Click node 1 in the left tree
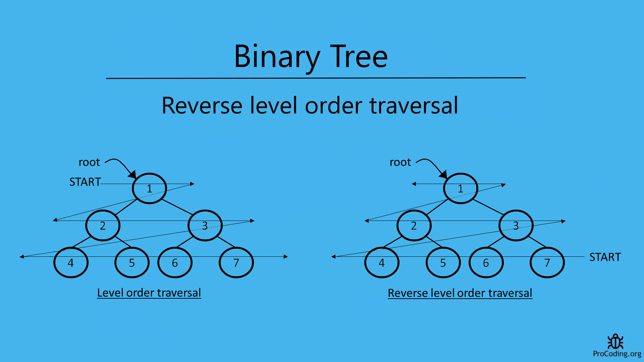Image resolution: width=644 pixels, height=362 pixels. click(149, 188)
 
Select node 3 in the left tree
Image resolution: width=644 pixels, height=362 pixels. click(205, 226)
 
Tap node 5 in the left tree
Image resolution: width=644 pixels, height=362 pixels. click(132, 263)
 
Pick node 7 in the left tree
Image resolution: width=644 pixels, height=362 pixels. click(236, 263)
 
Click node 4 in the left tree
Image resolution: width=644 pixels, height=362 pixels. click(71, 263)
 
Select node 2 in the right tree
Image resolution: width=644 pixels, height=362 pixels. click(414, 226)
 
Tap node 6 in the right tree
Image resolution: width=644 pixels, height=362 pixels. click(486, 263)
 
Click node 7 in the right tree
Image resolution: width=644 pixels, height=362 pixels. click(547, 263)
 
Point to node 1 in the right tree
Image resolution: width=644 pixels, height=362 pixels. click(461, 188)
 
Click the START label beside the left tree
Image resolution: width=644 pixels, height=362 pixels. click(85, 182)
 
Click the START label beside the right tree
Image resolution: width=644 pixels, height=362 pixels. click(605, 257)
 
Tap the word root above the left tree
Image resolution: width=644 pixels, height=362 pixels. click(89, 162)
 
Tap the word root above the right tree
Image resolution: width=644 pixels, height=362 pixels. click(400, 162)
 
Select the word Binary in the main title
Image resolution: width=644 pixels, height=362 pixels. click(277, 57)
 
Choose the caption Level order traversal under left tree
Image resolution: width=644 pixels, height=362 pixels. click(149, 293)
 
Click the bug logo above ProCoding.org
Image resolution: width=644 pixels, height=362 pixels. click(615, 342)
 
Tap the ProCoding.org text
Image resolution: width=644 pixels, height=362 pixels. click(617, 354)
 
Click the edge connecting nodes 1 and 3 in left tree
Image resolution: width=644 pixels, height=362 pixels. click(177, 207)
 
